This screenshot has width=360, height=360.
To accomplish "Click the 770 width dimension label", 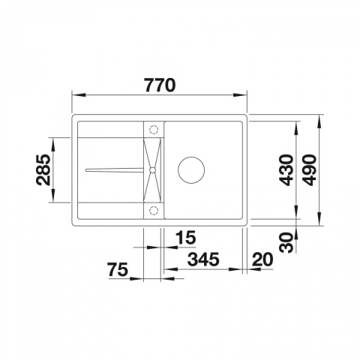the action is point(160,85).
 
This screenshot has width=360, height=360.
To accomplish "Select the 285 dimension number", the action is point(43,169).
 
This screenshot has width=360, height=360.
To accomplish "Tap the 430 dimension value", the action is point(286,170).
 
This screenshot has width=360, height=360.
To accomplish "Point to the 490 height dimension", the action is point(309,170).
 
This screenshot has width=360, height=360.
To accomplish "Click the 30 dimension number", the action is point(286,242).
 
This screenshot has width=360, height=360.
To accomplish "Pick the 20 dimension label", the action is point(262,259).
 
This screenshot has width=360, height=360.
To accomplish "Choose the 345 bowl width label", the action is point(203,259).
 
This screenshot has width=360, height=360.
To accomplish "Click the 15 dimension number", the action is point(186,237).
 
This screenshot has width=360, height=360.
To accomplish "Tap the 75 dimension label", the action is point(118,270).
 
